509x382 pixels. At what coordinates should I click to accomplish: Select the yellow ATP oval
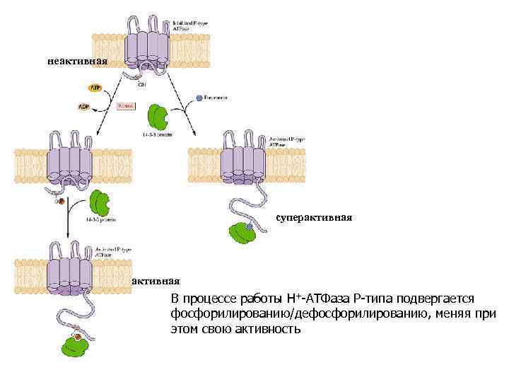click(x=95, y=88)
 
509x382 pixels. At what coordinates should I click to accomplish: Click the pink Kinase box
click(x=127, y=105)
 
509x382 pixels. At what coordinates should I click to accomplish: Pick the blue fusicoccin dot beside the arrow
click(x=200, y=96)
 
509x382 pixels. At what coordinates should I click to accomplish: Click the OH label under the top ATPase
click(x=142, y=84)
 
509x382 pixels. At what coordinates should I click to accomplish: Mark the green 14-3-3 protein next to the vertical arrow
click(x=100, y=202)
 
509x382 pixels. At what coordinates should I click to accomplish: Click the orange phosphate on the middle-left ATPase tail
click(x=61, y=201)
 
